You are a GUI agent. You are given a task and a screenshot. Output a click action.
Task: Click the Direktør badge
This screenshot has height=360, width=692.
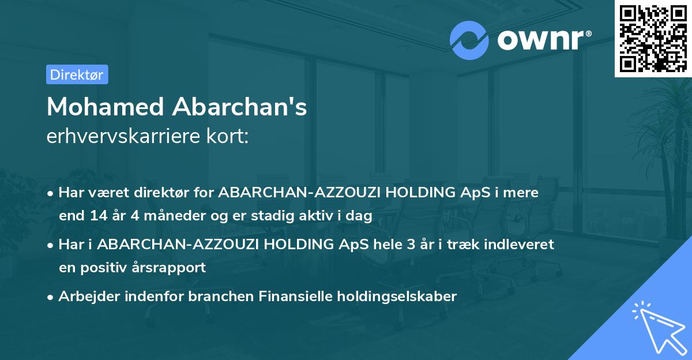coord(77,74)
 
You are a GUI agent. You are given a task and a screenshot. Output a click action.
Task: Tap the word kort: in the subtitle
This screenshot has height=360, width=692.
coord(231,137)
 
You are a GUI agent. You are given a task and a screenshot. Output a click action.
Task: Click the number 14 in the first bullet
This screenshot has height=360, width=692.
coord(96,216)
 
